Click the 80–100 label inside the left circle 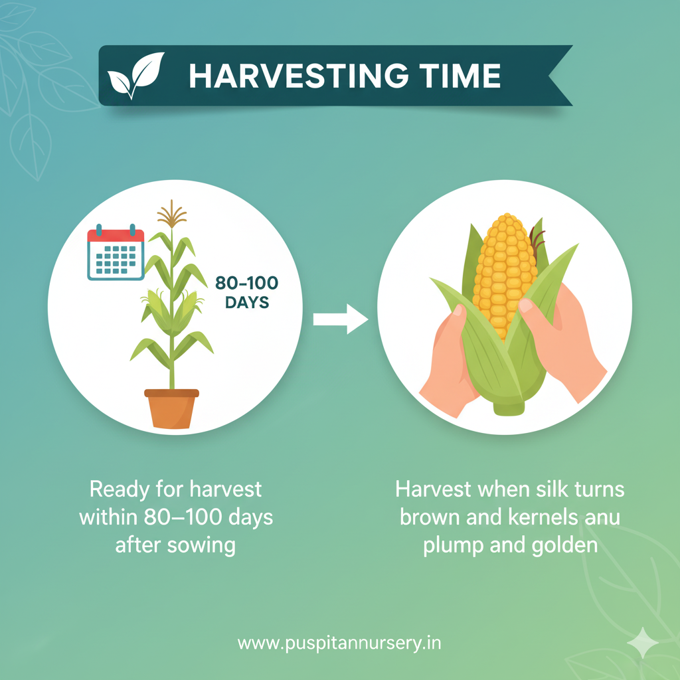pos(246,283)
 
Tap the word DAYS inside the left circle pos(246,303)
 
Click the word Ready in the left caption pos(118,490)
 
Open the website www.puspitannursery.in pos(339,643)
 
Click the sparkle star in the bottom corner pos(642,642)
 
